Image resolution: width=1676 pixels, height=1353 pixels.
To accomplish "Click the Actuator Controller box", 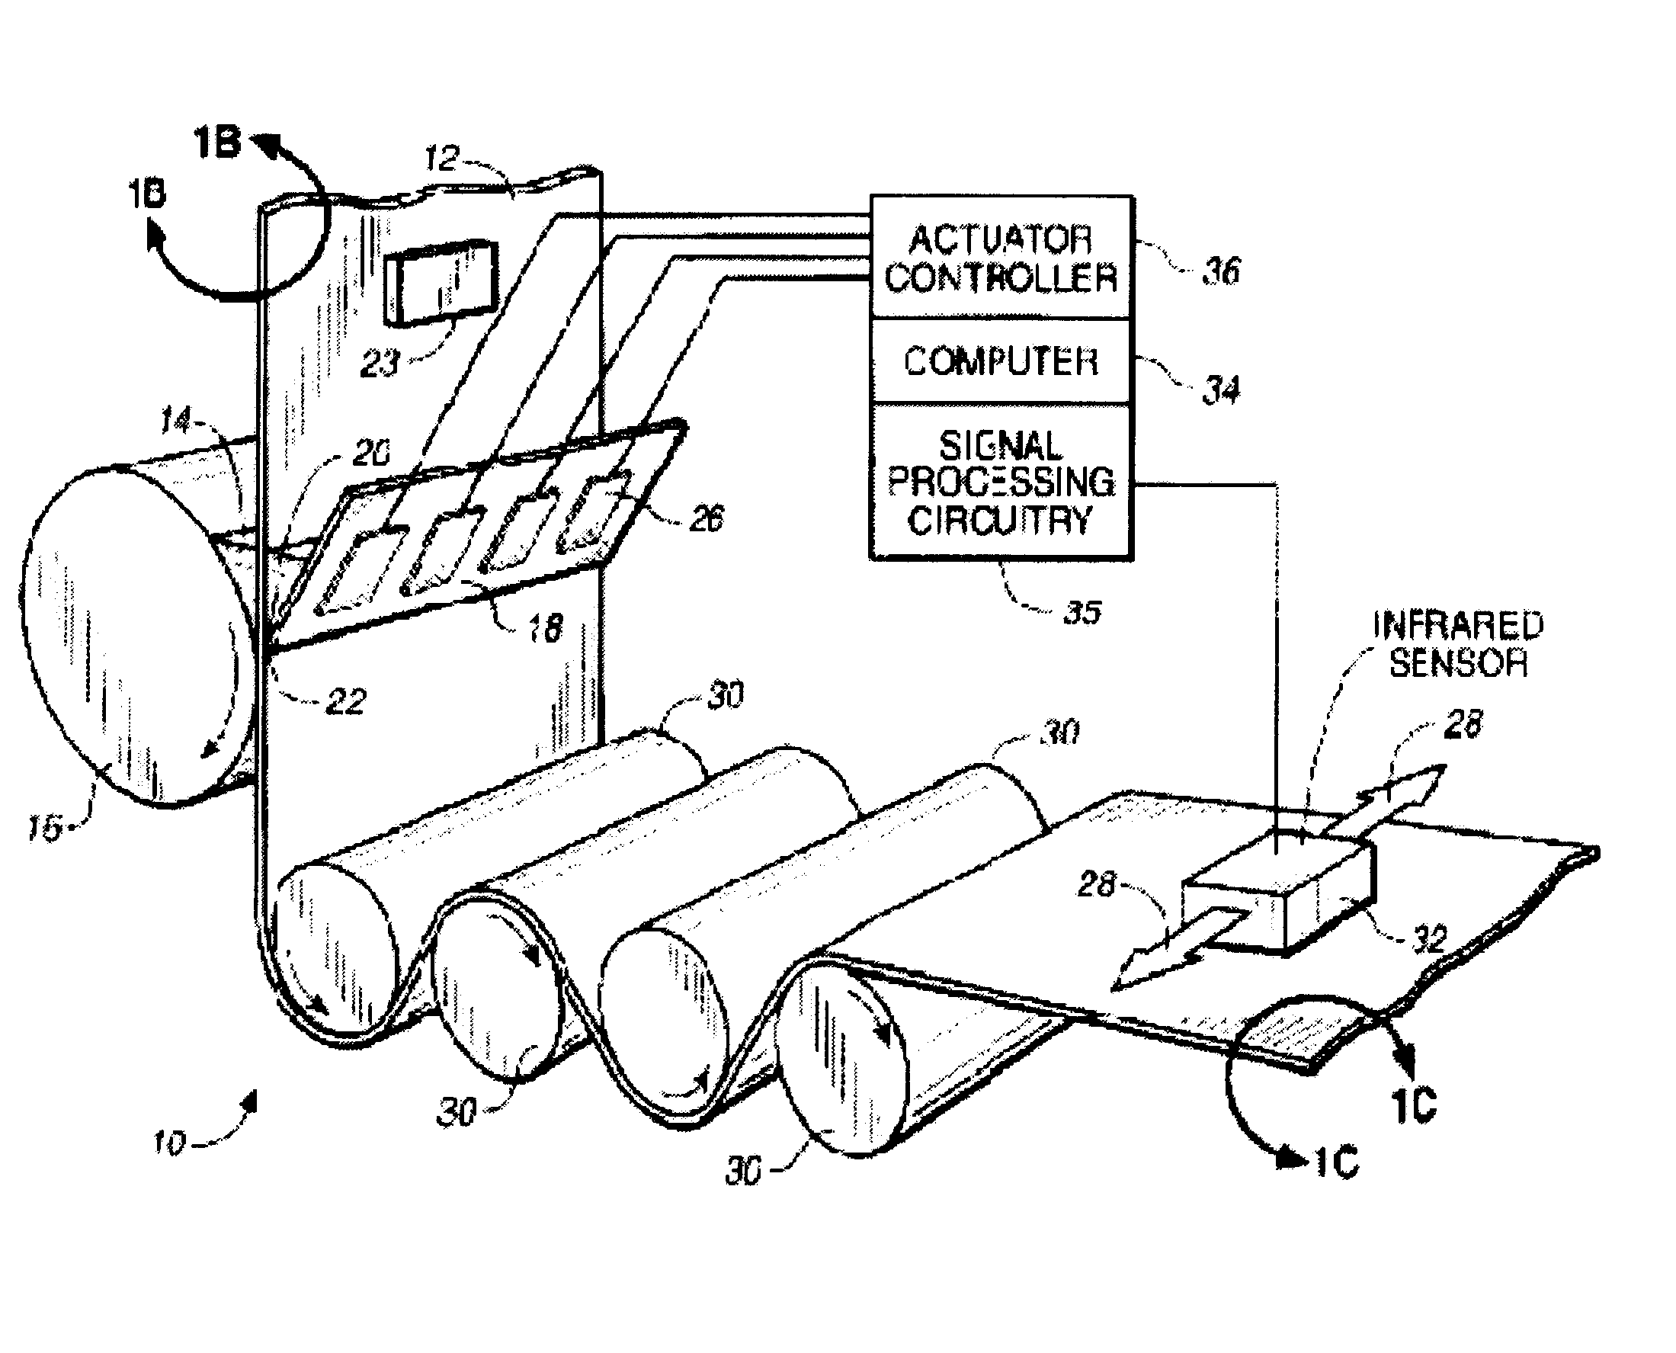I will pyautogui.click(x=1001, y=257).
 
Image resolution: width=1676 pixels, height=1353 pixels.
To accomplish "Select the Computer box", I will pyautogui.click(x=1001, y=361).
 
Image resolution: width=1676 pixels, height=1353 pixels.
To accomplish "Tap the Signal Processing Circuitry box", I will pyautogui.click(x=1001, y=482).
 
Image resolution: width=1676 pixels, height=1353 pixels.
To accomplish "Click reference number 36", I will pyautogui.click(x=1220, y=271).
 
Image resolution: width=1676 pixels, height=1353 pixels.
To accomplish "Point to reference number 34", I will pyautogui.click(x=1220, y=389).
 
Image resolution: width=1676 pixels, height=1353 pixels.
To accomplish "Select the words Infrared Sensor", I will pyautogui.click(x=1458, y=644).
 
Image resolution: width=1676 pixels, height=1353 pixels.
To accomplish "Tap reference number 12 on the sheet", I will pyautogui.click(x=442, y=159).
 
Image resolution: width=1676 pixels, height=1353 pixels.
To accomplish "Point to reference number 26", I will pyautogui.click(x=706, y=518).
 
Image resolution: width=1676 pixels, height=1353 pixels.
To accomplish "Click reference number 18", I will pyautogui.click(x=545, y=628).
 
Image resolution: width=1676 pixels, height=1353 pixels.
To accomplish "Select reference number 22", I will pyautogui.click(x=346, y=702).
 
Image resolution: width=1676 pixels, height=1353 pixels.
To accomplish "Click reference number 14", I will pyautogui.click(x=175, y=422).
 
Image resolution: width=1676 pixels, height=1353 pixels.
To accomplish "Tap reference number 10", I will pyautogui.click(x=168, y=1143).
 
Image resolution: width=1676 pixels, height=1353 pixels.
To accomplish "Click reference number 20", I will pyautogui.click(x=372, y=454).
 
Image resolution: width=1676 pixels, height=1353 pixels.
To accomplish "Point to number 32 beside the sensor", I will pyautogui.click(x=1430, y=940).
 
